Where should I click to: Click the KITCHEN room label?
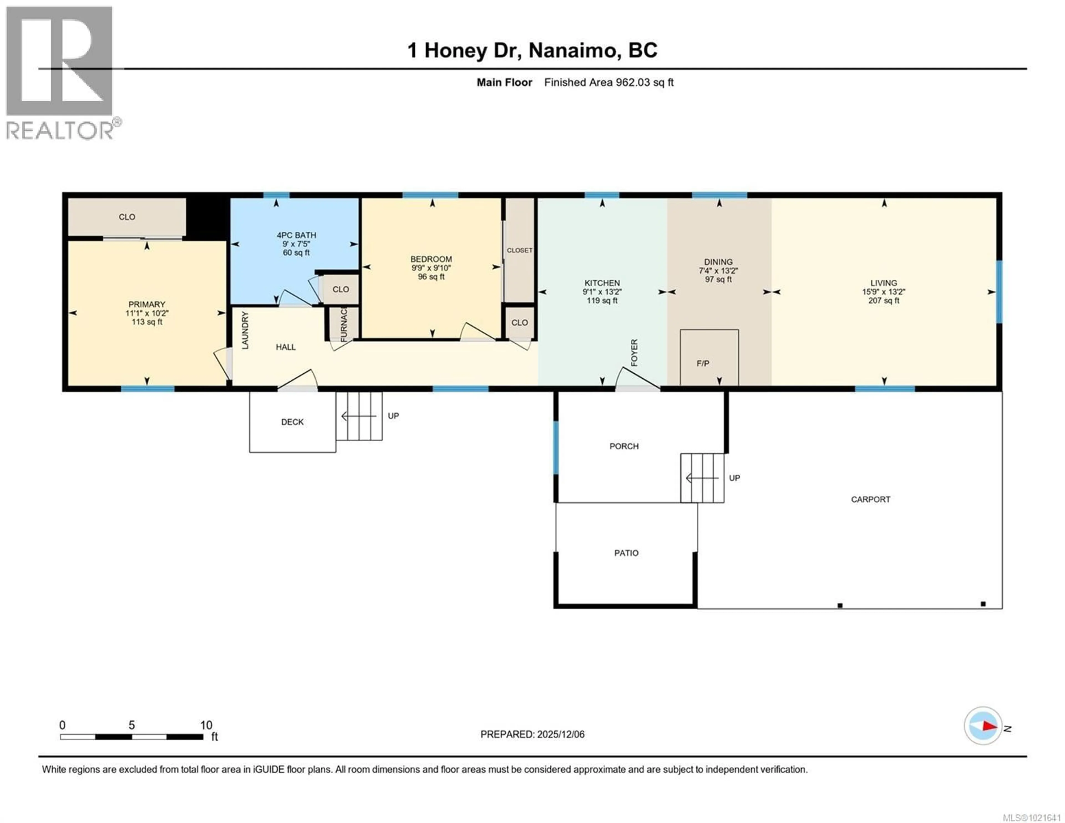click(602, 283)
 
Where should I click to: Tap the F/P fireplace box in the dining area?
click(709, 358)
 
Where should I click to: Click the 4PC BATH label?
click(296, 235)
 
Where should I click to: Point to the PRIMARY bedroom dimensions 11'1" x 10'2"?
click(147, 313)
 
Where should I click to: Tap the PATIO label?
click(626, 553)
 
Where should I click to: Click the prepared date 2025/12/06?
click(560, 734)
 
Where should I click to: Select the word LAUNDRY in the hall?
click(245, 330)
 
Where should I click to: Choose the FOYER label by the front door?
click(634, 352)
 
